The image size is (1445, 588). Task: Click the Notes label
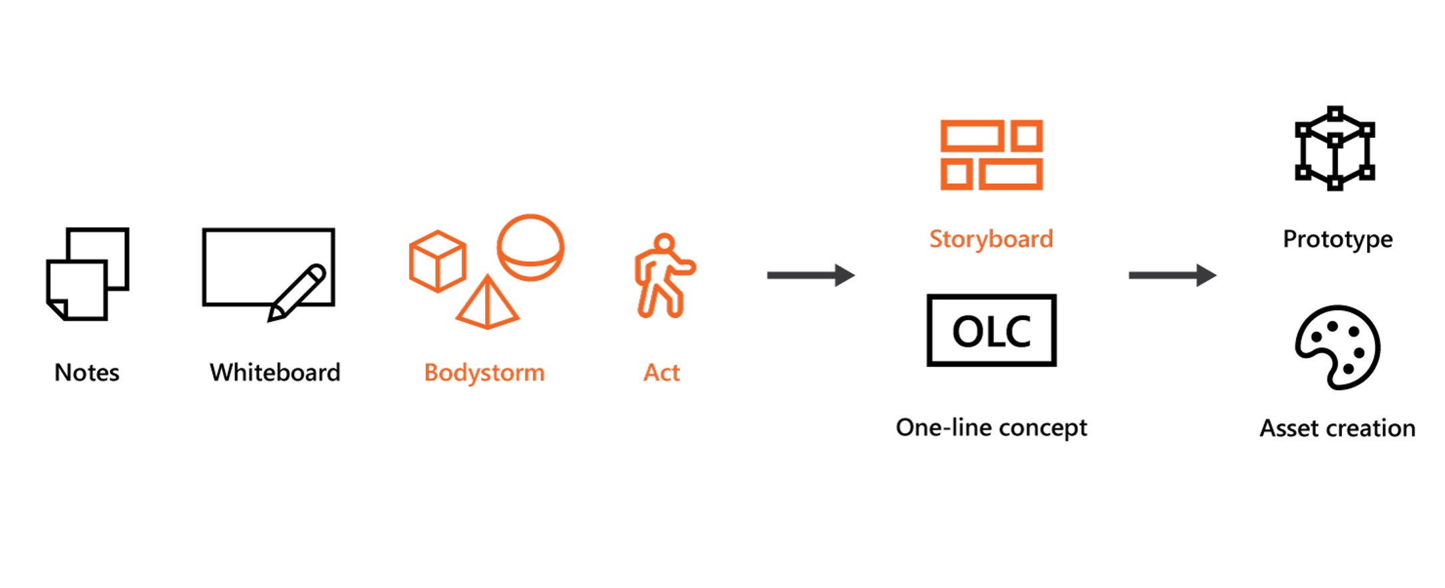click(x=87, y=372)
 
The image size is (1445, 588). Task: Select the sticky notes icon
click(x=87, y=274)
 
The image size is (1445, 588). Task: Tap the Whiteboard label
click(x=275, y=372)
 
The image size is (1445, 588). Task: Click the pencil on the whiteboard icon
click(x=297, y=293)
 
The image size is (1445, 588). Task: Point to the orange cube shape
click(x=437, y=261)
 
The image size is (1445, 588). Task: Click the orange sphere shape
click(x=530, y=247)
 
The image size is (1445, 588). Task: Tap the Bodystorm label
click(x=484, y=372)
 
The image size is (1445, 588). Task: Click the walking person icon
click(x=663, y=275)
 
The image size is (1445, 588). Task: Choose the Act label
click(x=661, y=372)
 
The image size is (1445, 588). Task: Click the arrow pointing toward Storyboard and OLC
click(x=810, y=275)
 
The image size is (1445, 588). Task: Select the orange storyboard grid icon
click(x=991, y=155)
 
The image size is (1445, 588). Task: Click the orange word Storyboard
click(x=991, y=239)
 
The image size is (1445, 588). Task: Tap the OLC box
click(x=991, y=331)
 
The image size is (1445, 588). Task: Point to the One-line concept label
click(x=991, y=428)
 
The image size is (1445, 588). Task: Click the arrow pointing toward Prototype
click(x=1172, y=275)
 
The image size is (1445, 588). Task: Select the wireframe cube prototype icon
click(x=1335, y=148)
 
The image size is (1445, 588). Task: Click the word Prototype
click(x=1337, y=239)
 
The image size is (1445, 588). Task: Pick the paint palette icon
click(x=1337, y=347)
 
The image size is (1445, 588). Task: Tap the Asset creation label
click(x=1337, y=428)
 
